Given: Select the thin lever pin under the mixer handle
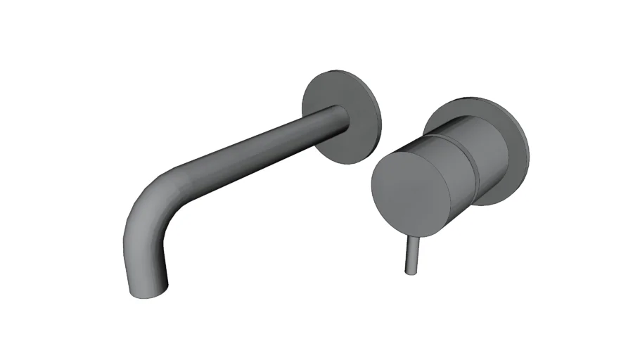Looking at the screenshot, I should point(410,255).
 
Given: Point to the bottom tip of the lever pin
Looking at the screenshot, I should point(409,271).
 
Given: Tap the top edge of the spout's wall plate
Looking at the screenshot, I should point(338,70).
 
